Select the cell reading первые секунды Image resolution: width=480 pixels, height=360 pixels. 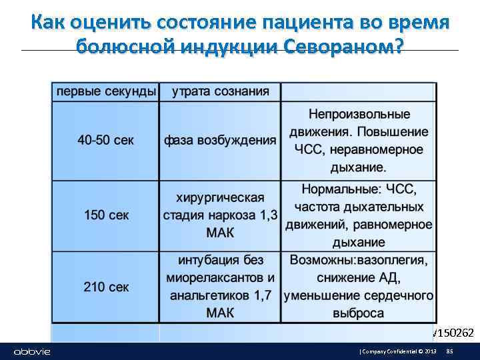(x=105, y=91)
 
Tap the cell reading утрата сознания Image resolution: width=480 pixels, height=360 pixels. (x=221, y=91)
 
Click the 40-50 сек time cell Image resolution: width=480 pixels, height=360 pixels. (x=105, y=141)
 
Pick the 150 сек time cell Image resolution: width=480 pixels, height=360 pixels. (x=105, y=215)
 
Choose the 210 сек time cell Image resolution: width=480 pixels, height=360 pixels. (x=105, y=287)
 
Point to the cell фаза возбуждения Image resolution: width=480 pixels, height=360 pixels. (x=220, y=141)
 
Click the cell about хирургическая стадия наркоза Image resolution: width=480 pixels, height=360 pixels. (x=220, y=215)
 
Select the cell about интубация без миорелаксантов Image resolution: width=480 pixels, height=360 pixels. (x=220, y=287)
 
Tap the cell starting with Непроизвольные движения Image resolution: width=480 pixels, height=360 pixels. (x=359, y=141)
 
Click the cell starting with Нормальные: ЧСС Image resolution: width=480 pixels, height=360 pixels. (x=359, y=215)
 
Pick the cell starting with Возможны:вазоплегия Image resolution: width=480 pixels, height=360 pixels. (x=359, y=287)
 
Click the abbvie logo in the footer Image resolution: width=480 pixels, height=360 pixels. (x=32, y=351)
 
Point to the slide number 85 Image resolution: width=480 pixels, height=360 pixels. (x=449, y=351)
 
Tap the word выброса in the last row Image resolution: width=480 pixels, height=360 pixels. (x=359, y=313)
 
